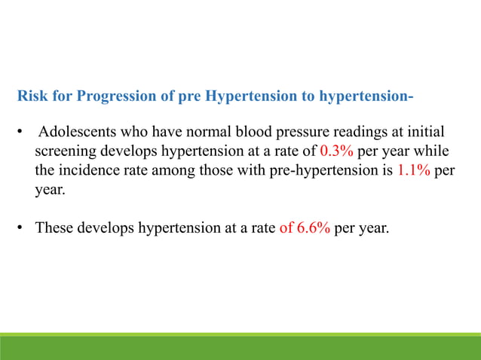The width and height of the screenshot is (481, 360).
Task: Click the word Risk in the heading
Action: point(32,97)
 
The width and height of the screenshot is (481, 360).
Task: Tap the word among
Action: point(170,169)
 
